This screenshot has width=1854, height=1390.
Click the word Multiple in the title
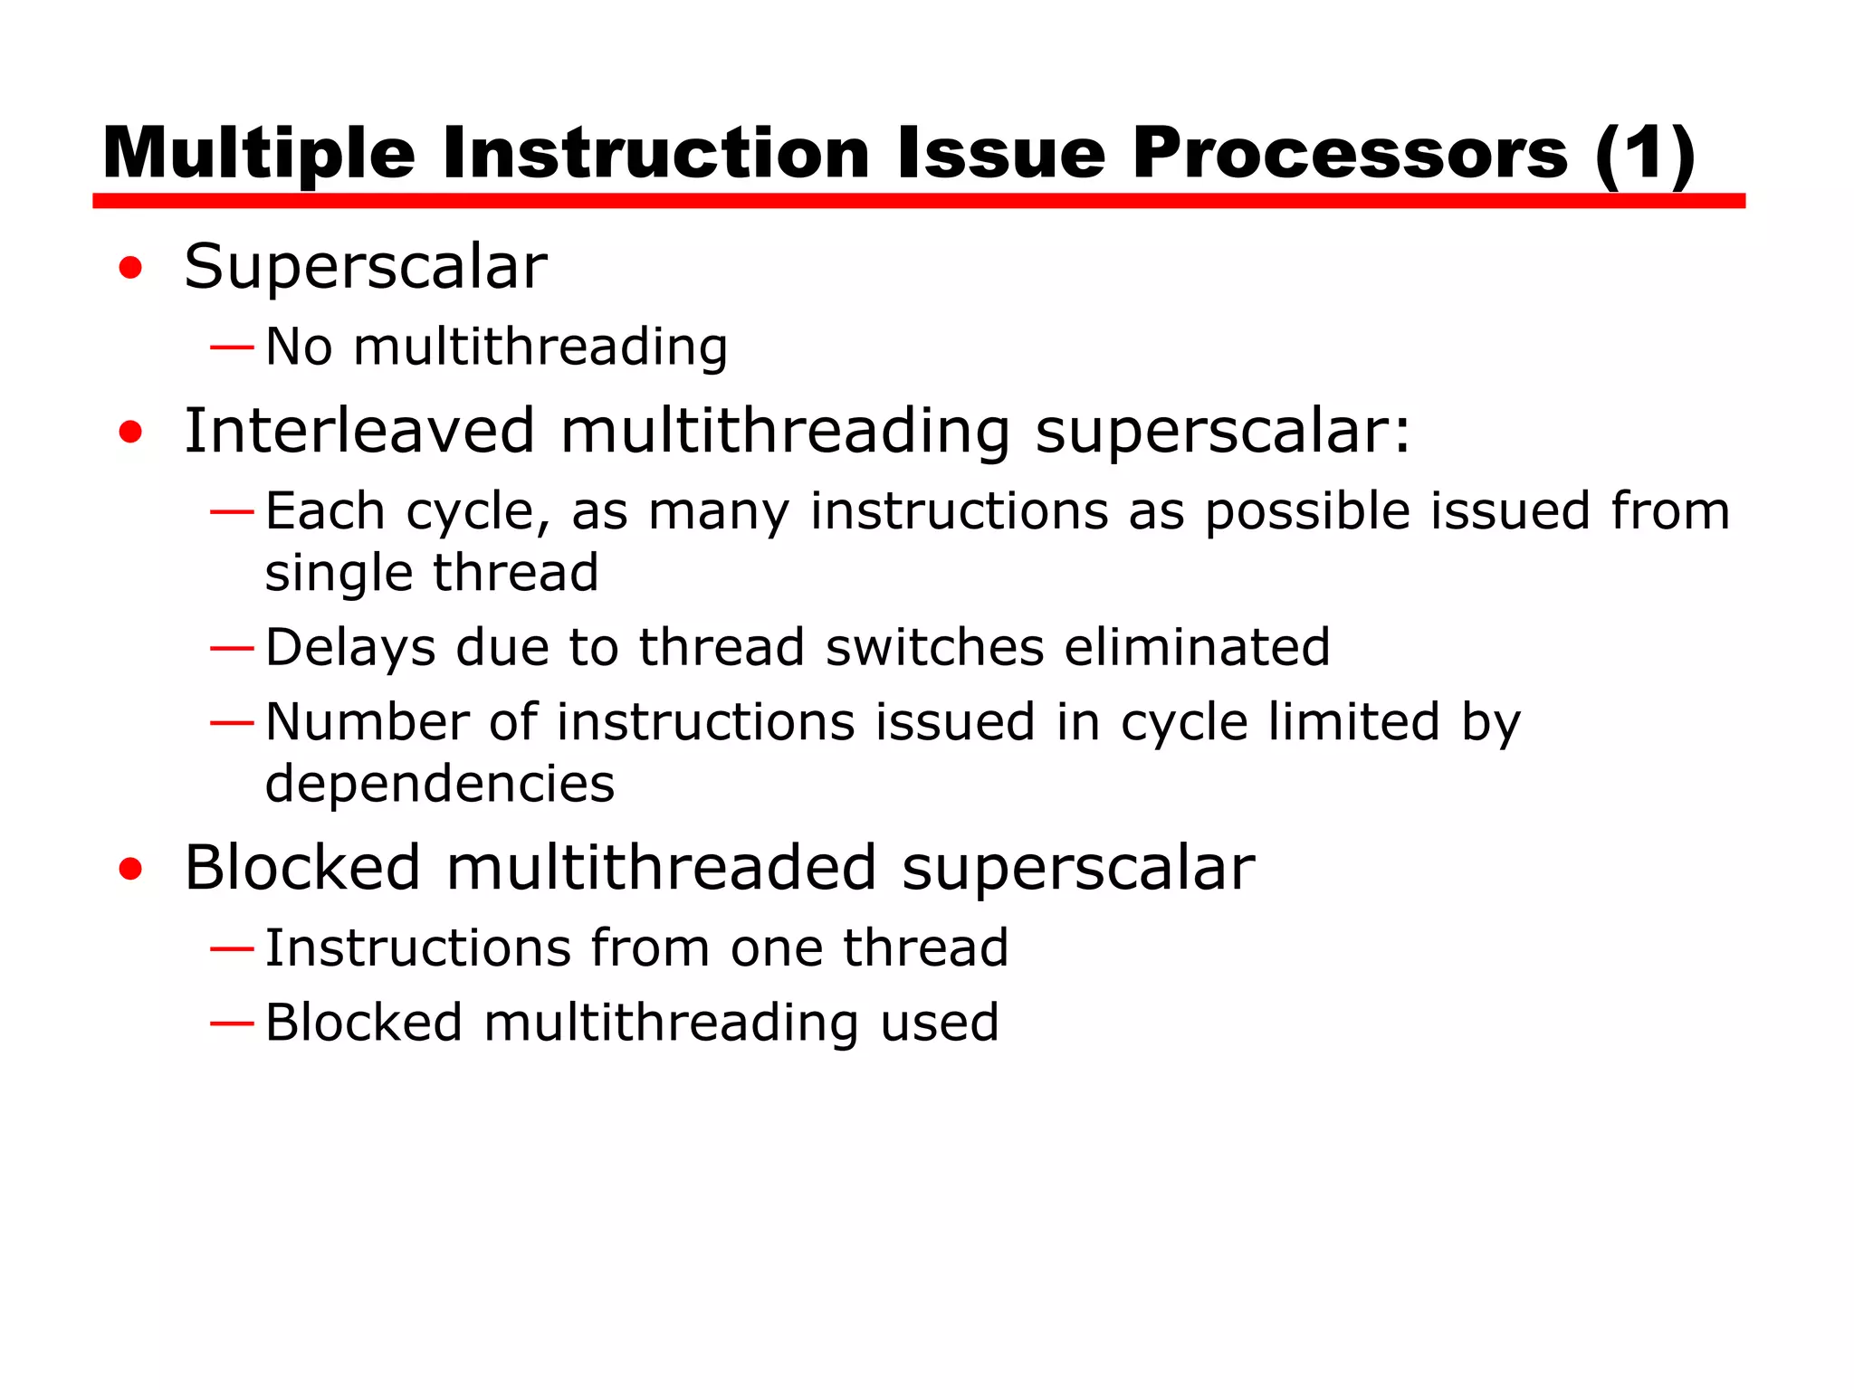tap(259, 154)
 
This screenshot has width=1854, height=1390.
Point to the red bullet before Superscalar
tap(130, 268)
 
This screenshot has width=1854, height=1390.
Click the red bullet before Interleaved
tap(130, 432)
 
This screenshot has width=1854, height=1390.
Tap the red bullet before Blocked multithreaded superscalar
tap(130, 869)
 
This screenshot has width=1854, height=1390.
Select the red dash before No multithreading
tap(231, 347)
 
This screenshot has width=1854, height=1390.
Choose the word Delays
tap(350, 648)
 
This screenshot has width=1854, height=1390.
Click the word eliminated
tap(1197, 648)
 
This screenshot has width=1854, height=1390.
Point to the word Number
tap(367, 722)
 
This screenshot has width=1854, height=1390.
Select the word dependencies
tap(440, 784)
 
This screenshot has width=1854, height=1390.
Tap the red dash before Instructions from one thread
tap(231, 948)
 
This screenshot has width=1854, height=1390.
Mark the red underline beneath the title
tap(918, 201)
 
